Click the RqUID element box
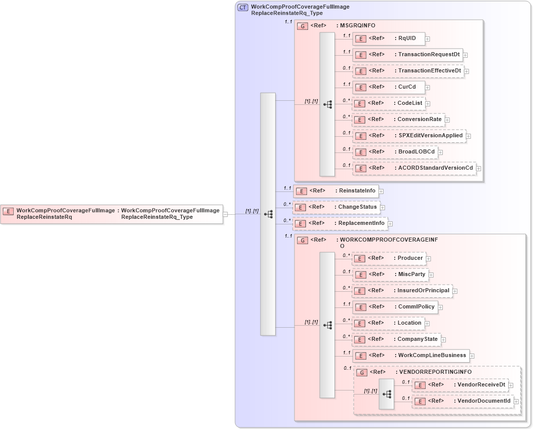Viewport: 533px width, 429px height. coord(388,38)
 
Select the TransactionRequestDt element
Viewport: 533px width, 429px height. coord(407,55)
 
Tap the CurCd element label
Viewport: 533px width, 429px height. coord(407,87)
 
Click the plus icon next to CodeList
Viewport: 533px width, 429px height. coord(428,104)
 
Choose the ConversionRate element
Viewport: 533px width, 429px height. coord(398,120)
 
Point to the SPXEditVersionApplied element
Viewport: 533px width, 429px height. coord(409,136)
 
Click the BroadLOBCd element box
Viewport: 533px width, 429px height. coord(395,152)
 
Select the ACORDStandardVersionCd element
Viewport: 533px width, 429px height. coord(414,168)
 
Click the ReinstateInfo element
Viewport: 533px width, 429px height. coord(336,191)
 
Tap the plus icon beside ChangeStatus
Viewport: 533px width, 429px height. coord(383,208)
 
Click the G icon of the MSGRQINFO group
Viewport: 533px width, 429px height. coord(302,26)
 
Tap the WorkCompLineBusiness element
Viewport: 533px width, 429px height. coord(410,356)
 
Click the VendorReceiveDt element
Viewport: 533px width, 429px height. coord(460,385)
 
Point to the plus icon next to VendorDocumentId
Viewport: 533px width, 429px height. coord(516,402)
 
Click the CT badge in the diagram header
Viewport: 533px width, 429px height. coord(243,8)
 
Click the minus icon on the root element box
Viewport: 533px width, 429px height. coord(225,214)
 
